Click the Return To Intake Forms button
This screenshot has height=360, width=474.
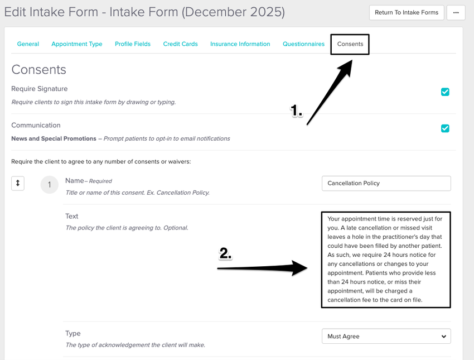407,12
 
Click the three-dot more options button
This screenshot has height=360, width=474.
456,12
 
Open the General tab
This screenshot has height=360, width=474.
28,44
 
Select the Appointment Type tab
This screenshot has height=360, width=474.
77,44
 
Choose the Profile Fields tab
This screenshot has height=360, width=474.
133,44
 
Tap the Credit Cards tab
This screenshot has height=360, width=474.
180,44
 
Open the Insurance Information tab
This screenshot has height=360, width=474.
240,44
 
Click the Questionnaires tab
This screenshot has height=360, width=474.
303,44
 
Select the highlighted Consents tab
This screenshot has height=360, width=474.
350,44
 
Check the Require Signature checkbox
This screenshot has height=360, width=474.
445,92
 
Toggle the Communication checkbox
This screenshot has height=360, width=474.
445,128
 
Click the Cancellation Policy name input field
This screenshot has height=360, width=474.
386,183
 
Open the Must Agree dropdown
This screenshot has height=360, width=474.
386,337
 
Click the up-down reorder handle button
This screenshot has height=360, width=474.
18,183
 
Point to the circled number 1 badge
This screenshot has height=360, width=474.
49,185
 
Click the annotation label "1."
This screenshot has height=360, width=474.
296,111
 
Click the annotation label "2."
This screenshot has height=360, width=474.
225,254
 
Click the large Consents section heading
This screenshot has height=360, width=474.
38,70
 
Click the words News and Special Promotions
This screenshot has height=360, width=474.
53,138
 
